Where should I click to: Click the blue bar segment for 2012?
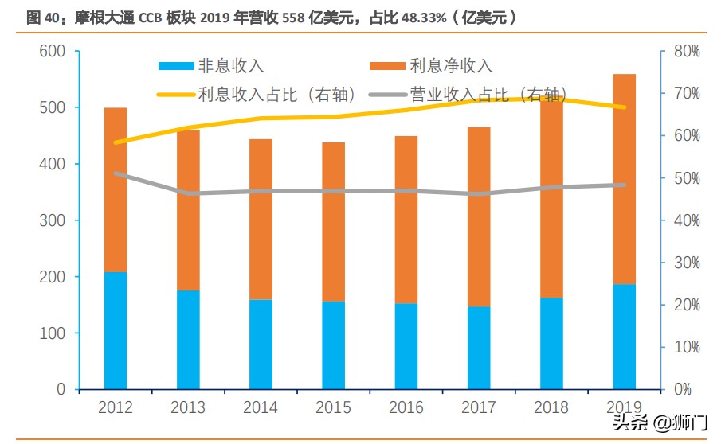click(116, 330)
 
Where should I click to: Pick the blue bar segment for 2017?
click(479, 348)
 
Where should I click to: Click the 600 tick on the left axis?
click(53, 52)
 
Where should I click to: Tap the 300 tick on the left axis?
click(53, 220)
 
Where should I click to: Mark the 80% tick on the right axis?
click(684, 52)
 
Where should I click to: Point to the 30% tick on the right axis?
click(684, 263)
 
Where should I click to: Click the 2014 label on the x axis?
click(261, 408)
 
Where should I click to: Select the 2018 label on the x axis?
click(551, 408)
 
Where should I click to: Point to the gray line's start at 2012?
click(116, 173)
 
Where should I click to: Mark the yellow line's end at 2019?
click(624, 107)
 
